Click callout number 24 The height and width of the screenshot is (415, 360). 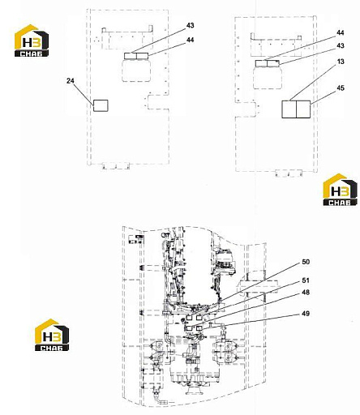click(x=71, y=81)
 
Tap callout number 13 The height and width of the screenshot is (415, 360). click(x=341, y=62)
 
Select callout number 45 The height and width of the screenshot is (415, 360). click(x=341, y=88)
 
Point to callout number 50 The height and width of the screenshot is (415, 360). click(x=306, y=262)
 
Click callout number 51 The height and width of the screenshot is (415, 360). click(x=306, y=280)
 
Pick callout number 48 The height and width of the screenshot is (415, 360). click(x=306, y=293)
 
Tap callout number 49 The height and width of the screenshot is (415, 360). click(x=306, y=314)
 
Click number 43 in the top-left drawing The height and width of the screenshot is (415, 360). click(x=191, y=25)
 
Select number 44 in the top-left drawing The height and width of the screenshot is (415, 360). click(x=191, y=40)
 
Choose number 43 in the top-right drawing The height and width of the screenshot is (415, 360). click(x=341, y=45)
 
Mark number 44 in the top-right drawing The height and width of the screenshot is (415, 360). click(x=341, y=32)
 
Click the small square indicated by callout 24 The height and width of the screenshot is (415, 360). click(x=101, y=105)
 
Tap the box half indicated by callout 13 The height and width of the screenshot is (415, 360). click(x=289, y=109)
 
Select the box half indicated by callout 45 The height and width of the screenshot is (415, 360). click(x=303, y=109)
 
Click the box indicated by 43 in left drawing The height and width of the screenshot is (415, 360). click(x=131, y=56)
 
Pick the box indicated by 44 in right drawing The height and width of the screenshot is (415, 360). click(x=261, y=63)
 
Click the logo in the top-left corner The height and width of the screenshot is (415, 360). click(x=32, y=41)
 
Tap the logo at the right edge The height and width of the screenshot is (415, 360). click(x=340, y=190)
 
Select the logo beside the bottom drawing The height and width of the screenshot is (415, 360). click(x=52, y=335)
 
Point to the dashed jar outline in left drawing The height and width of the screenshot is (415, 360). click(x=136, y=71)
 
